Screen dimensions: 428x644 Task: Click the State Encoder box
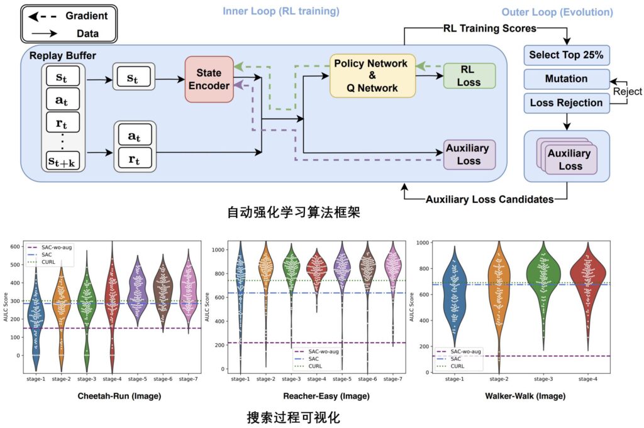[x=208, y=79]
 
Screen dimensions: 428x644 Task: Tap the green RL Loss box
[x=469, y=75]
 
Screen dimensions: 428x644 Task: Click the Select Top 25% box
[x=566, y=55]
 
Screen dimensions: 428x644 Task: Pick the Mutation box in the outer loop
[x=566, y=79]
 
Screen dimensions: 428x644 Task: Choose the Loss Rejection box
[x=566, y=102]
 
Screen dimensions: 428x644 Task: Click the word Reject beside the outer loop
[x=628, y=91]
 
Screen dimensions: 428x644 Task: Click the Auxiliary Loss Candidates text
[x=489, y=199]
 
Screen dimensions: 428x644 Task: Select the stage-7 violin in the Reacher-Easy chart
[x=392, y=277]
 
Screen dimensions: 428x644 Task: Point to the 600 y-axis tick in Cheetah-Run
[x=15, y=246]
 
